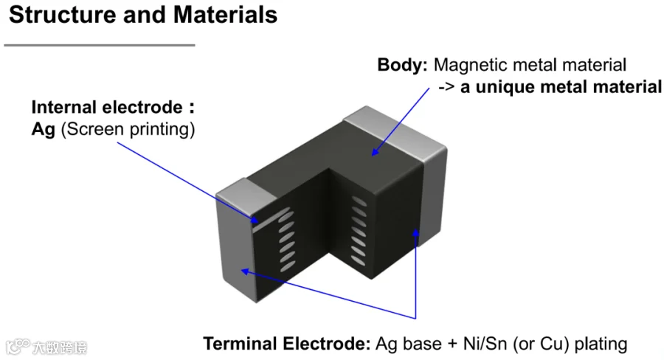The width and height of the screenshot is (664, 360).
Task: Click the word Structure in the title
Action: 63,15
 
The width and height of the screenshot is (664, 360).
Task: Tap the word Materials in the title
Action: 225,15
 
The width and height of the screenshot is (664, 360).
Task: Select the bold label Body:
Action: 402,65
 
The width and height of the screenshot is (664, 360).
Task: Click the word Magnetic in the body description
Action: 470,65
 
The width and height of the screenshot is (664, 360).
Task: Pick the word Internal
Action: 64,107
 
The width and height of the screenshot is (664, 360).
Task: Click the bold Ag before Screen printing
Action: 44,130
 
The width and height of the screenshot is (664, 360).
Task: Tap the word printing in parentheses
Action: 162,130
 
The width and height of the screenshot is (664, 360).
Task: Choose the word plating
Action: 601,344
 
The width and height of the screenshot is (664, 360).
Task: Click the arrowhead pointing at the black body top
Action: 375,153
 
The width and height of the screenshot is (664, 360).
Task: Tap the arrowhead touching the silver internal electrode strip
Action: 254,220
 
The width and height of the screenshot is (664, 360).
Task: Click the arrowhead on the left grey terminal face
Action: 245,271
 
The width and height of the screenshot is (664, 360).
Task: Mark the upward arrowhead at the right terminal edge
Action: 416,233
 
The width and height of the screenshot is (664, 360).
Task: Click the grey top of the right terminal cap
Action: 394,130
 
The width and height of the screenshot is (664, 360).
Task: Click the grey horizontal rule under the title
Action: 100,45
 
